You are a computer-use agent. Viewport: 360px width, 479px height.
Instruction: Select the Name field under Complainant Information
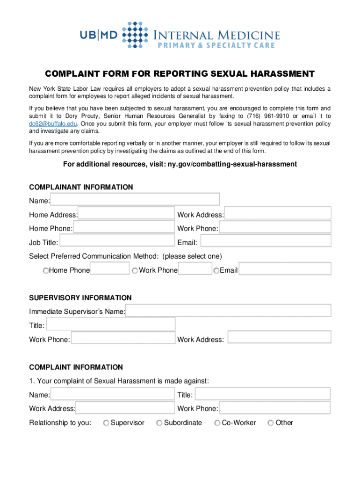tap(135, 200)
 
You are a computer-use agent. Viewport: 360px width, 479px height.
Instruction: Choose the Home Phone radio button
tap(46, 271)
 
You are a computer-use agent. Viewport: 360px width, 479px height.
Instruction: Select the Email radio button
tap(216, 271)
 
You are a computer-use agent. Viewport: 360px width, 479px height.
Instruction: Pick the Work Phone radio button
tap(135, 271)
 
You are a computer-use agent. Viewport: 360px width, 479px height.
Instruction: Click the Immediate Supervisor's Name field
tap(228, 311)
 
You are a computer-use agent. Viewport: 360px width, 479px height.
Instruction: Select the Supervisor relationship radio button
tap(107, 423)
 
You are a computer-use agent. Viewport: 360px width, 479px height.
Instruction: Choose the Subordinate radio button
tap(160, 423)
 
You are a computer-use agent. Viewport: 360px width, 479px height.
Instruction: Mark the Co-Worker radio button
tap(217, 423)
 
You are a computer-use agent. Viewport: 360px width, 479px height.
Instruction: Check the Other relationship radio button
tap(271, 423)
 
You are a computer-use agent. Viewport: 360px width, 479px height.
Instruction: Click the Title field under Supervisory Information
tap(111, 324)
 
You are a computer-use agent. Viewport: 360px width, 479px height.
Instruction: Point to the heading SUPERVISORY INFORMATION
tap(80, 298)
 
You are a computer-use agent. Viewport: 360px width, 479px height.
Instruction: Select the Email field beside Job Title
tap(265, 241)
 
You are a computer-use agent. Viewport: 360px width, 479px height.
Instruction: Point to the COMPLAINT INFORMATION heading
tap(76, 367)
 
